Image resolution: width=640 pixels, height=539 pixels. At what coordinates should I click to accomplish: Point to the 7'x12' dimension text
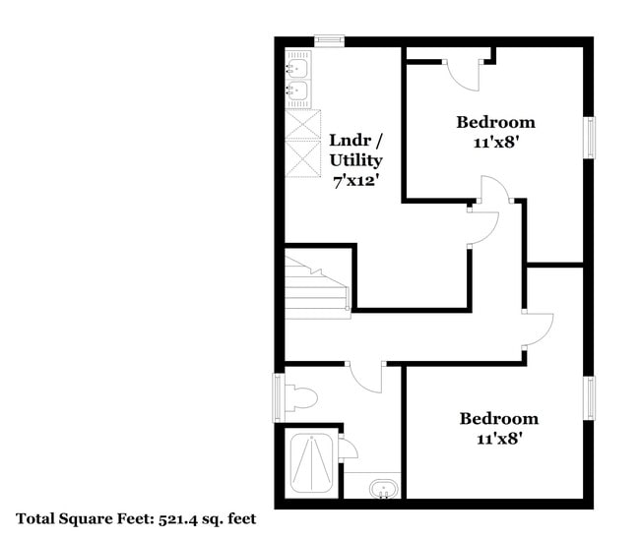pos(353,180)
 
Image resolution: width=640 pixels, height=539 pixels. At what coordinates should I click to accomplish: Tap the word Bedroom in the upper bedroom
pos(495,122)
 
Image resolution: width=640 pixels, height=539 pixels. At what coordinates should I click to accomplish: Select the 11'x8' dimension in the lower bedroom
pos(498,438)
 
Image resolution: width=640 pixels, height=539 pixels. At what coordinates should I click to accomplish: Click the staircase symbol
pos(315,282)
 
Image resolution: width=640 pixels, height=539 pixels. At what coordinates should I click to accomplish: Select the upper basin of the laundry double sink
pos(297,68)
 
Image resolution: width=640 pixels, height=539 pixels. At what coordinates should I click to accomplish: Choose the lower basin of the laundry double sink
pos(297,93)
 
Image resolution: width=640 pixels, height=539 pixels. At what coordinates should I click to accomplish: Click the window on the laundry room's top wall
pos(329,40)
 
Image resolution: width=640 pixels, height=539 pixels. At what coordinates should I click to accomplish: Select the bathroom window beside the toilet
pos(279,397)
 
